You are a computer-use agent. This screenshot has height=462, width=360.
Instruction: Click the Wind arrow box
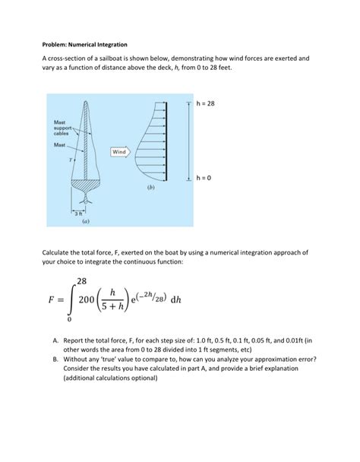120,151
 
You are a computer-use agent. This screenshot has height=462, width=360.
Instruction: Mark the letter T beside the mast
71,160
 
